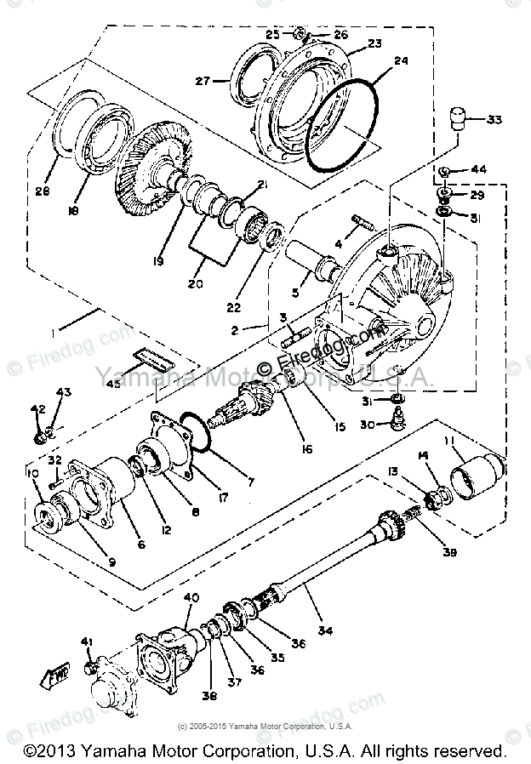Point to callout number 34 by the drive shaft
326,630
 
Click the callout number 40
192,598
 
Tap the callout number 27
203,83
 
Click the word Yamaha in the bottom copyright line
116,750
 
